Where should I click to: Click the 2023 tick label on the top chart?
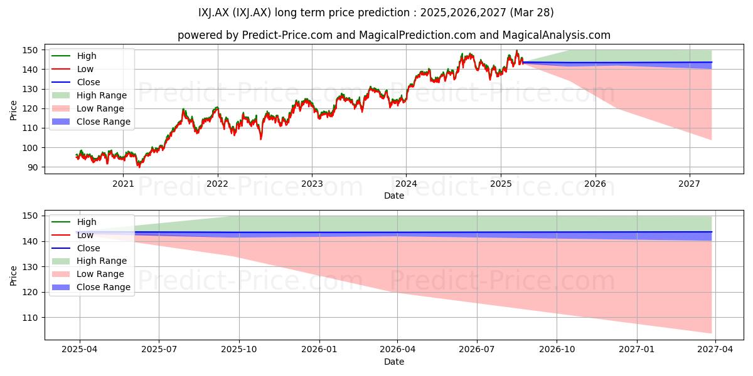tap(312, 184)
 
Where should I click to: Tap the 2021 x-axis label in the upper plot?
tap(123, 184)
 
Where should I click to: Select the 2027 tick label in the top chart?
tap(689, 184)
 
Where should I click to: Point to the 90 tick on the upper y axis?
tap(33, 167)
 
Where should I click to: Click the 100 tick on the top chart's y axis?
tap(30, 148)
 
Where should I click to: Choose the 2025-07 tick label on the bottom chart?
tap(159, 350)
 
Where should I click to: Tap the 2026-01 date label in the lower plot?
tap(319, 350)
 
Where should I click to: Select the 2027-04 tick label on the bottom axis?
tap(715, 350)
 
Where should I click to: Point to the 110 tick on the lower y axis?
tap(30, 318)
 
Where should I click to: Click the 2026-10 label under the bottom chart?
tap(557, 350)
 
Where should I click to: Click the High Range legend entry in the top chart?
tap(89, 95)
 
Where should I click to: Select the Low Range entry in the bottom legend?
tap(88, 274)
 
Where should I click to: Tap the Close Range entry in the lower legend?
tap(91, 287)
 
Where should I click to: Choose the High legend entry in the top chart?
tap(74, 56)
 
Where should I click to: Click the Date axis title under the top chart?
tap(394, 196)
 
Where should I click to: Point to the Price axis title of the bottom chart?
tap(13, 276)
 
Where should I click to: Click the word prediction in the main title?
tap(383, 13)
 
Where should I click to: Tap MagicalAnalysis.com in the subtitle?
tap(557, 35)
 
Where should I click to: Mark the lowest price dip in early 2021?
tap(139, 167)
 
